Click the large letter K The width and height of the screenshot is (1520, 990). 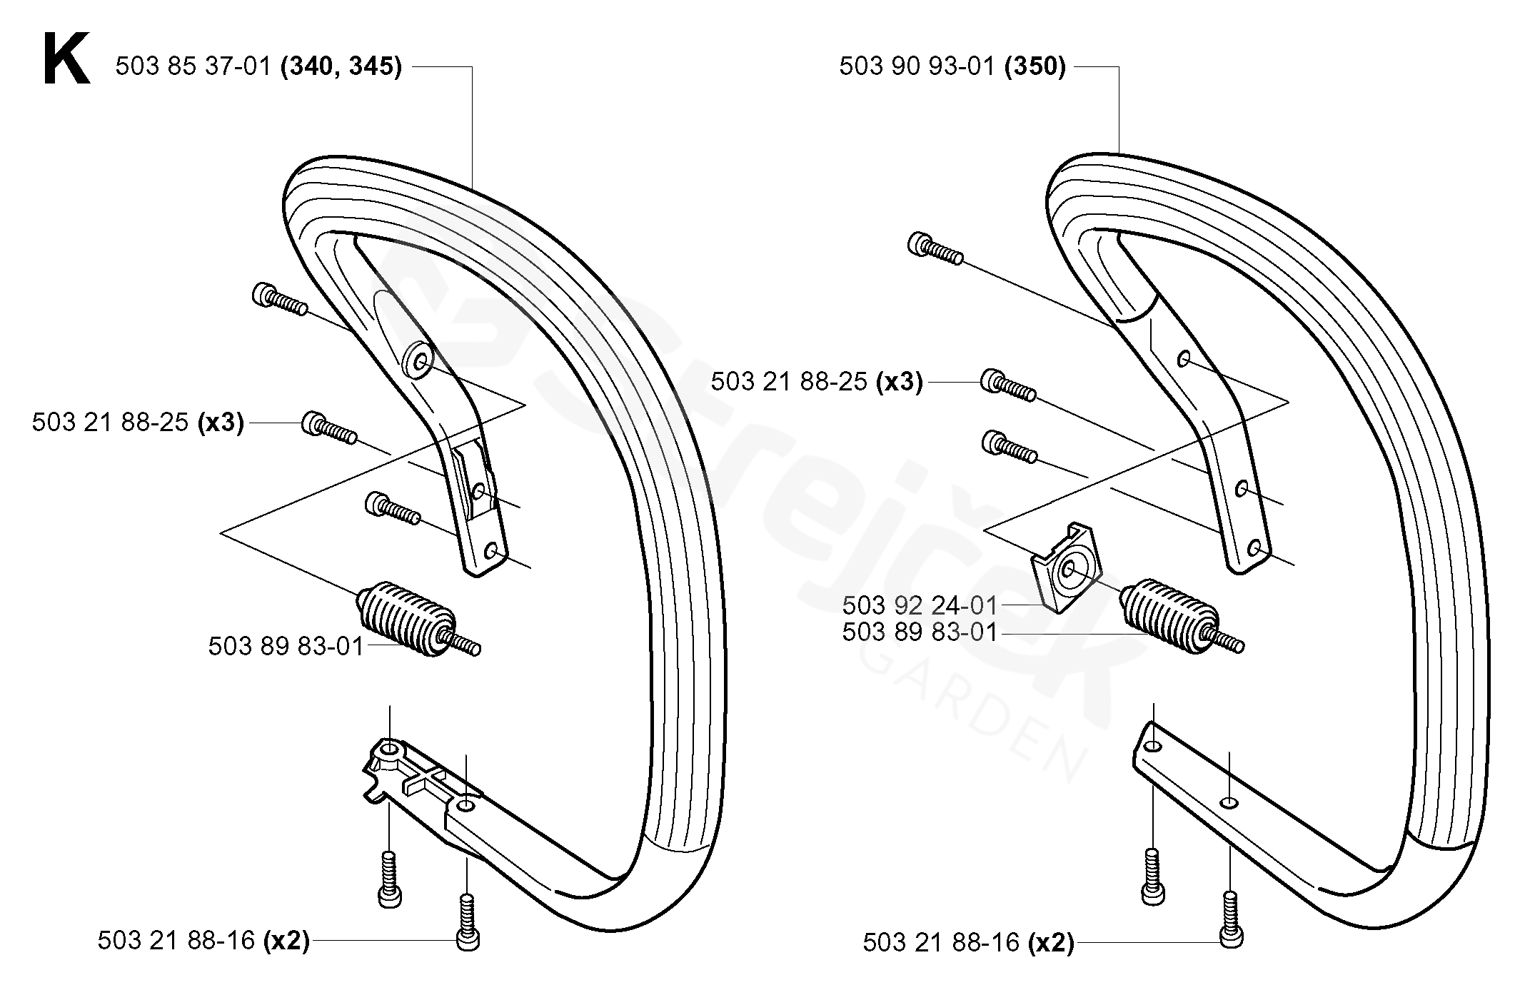pos(66,61)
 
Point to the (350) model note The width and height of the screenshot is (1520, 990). pos(1035,67)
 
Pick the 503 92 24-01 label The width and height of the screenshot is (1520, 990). pos(919,606)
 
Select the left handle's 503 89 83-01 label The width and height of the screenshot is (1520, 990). pos(286,647)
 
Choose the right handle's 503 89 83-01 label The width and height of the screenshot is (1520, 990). pos(919,632)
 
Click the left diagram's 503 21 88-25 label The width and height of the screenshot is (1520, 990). pos(110,423)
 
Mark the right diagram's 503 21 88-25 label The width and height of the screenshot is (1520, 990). pos(788,382)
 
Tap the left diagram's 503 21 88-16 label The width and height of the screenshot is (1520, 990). pos(176,941)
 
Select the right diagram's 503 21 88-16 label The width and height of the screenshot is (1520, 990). pos(941,943)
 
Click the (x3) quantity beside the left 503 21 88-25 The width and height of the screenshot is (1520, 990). pos(221,423)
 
